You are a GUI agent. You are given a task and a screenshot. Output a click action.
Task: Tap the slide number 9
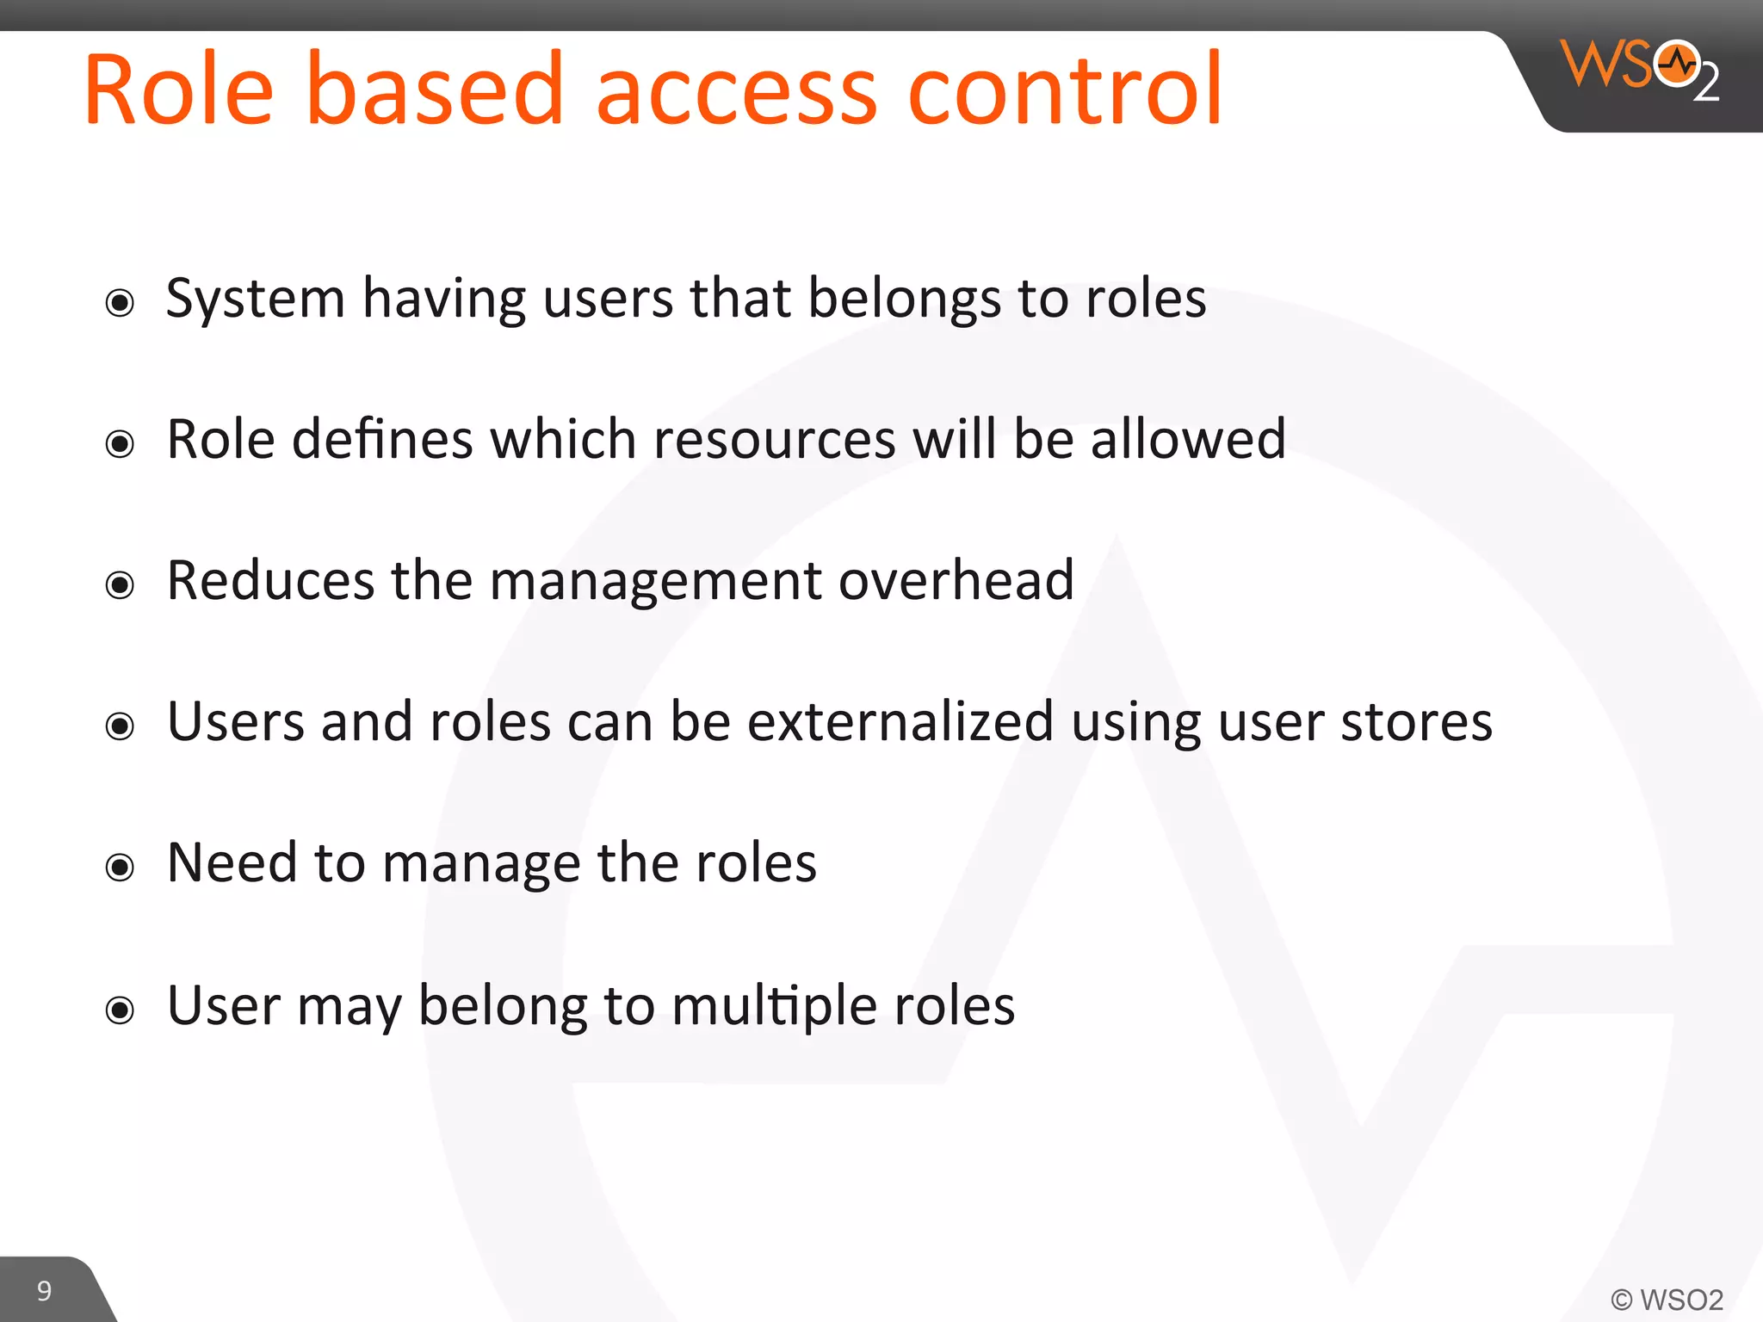click(44, 1290)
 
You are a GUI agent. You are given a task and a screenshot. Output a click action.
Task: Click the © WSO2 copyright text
click(1667, 1299)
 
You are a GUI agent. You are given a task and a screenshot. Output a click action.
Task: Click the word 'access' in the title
click(737, 90)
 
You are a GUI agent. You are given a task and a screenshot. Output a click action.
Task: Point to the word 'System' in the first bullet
click(255, 300)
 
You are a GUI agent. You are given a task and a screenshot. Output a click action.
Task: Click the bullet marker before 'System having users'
click(120, 303)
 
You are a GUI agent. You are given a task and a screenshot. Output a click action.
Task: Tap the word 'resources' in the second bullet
click(774, 440)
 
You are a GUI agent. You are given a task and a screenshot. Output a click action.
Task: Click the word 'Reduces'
click(270, 580)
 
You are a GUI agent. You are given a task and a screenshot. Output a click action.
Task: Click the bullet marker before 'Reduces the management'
click(120, 585)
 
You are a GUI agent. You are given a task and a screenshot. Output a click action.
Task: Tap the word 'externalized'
click(900, 721)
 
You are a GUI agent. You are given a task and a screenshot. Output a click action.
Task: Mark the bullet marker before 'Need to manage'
click(120, 867)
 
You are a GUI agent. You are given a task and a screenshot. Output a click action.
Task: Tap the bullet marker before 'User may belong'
click(120, 1009)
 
